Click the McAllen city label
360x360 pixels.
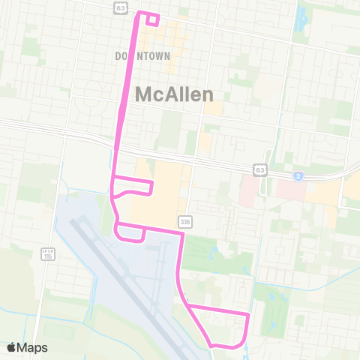175,94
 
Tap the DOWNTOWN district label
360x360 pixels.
142,56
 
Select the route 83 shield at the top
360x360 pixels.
121,7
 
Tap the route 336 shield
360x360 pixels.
184,221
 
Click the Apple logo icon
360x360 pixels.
12,347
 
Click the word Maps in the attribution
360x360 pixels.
33,347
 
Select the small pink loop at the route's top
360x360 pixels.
151,19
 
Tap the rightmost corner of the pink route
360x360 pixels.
248,314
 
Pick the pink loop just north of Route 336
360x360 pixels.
133,187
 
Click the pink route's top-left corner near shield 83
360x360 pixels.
136,14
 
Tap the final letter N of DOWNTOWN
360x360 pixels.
167,56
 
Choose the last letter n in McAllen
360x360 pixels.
207,94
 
